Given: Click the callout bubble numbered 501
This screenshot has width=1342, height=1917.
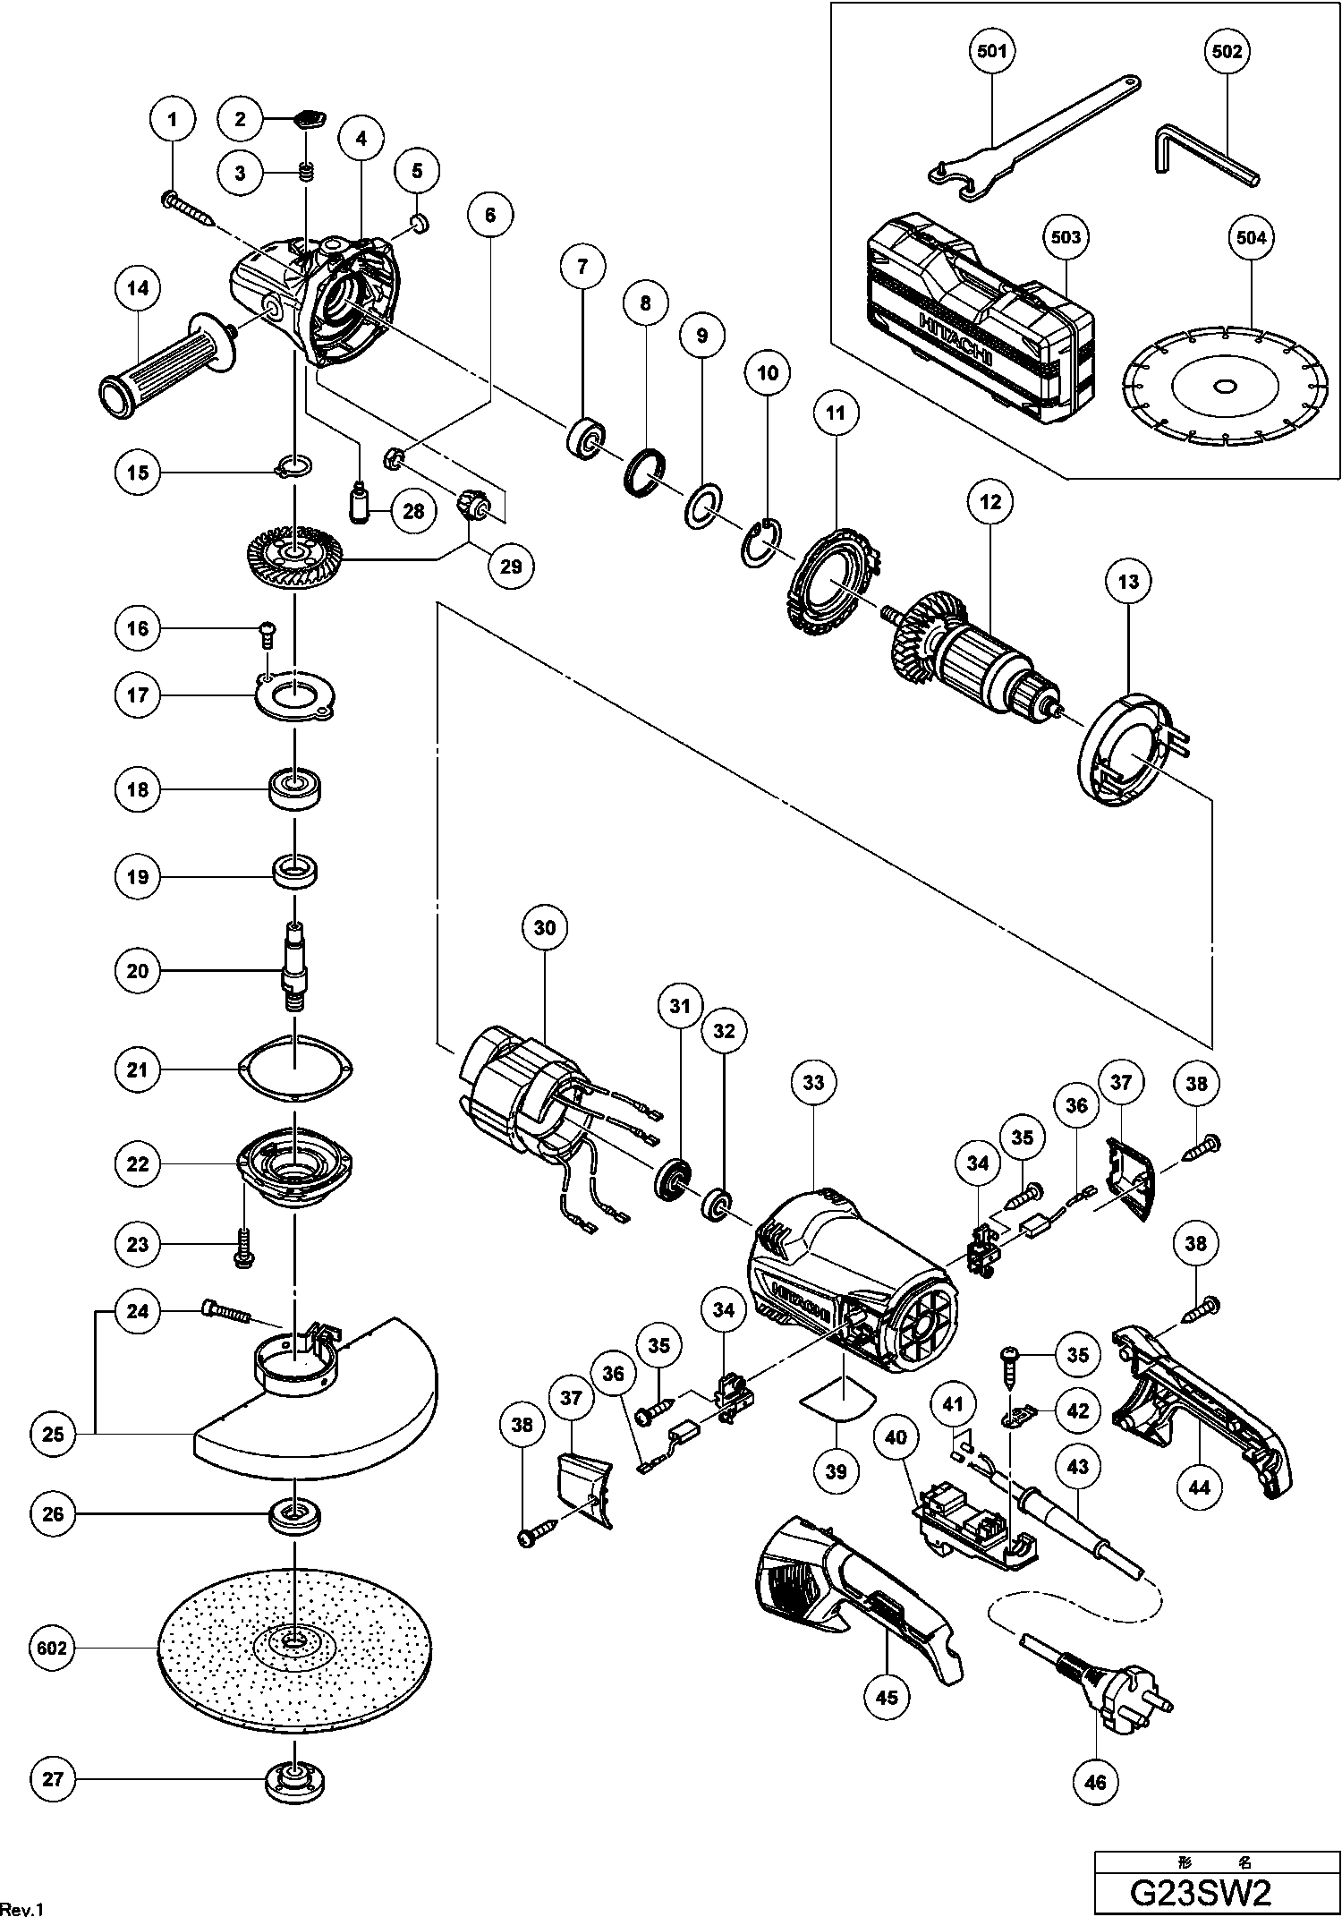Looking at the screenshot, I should click(x=992, y=51).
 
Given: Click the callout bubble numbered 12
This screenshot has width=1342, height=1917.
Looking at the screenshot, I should click(x=990, y=502).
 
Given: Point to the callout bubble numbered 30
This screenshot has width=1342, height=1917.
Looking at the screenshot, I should click(x=545, y=928).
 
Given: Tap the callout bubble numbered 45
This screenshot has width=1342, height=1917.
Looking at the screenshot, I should click(x=887, y=1697).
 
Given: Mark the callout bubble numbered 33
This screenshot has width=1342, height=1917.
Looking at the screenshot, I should click(x=812, y=1083).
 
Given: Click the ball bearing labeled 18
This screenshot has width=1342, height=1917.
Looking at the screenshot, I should click(x=295, y=790).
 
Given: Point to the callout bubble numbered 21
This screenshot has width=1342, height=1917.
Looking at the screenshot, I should click(x=138, y=1069).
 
